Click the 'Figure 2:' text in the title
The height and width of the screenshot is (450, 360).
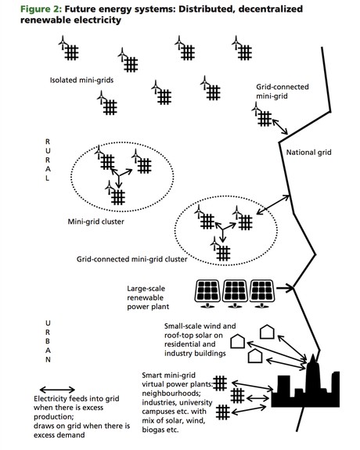pos(41,9)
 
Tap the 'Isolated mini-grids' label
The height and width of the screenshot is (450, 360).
pos(82,80)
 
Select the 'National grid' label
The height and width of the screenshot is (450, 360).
pos(308,152)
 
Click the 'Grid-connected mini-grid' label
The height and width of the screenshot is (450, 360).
pos(283,92)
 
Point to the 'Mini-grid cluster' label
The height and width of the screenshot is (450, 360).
pos(96,221)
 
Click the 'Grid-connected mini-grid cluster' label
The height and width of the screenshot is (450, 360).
pos(131,259)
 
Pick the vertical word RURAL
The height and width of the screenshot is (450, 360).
pos(48,160)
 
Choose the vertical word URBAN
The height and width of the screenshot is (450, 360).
pos(48,341)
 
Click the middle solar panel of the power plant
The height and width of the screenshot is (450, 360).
pos(235,293)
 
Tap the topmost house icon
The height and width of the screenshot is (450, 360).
pos(267,332)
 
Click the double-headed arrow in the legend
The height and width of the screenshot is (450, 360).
pos(57,390)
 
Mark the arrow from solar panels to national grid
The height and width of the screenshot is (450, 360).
pos(285,287)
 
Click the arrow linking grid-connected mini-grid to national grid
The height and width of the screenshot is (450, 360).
pos(280,127)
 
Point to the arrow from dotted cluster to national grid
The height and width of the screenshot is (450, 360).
pos(273,204)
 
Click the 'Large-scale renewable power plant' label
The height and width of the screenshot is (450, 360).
pos(148,297)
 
